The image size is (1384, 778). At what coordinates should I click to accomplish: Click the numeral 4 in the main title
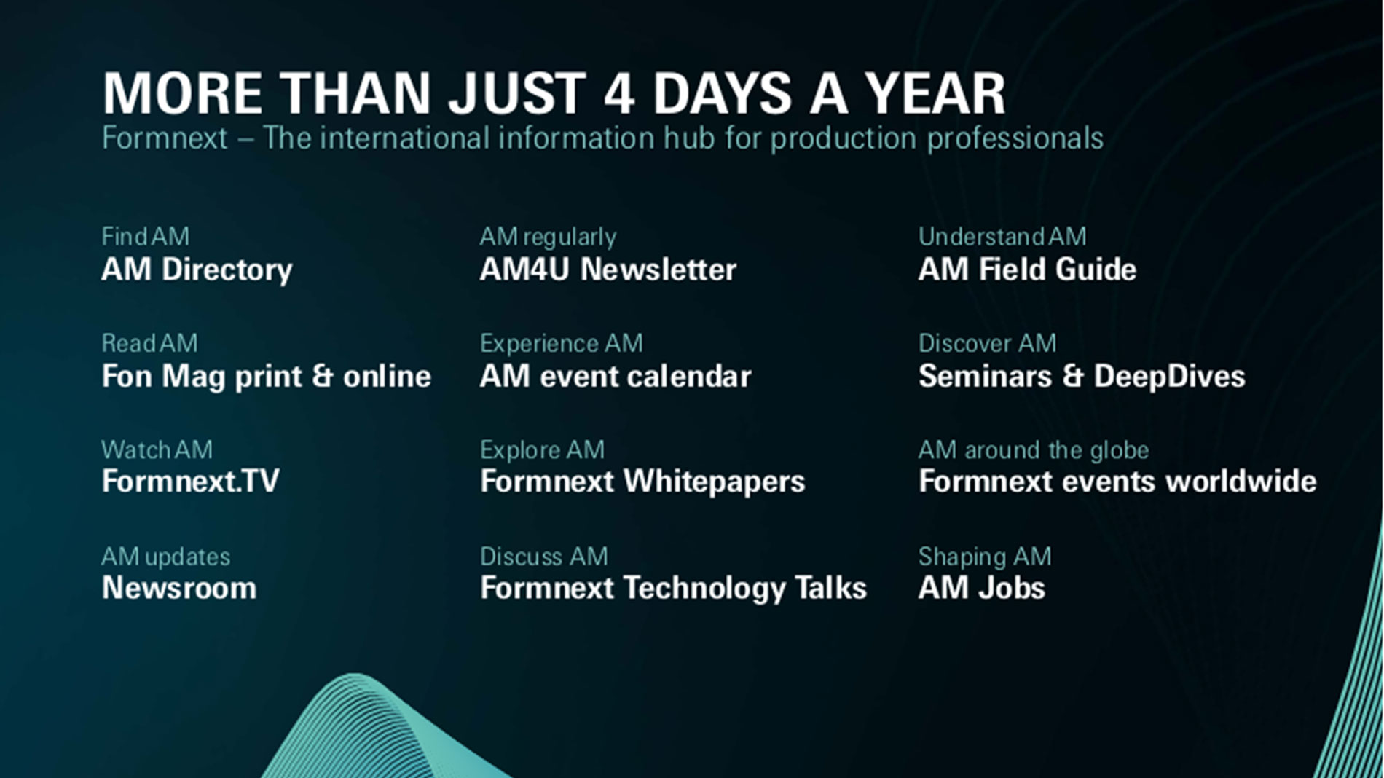point(619,94)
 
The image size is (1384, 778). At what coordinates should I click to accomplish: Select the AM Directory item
point(197,270)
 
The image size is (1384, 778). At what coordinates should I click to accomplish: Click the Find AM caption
point(145,237)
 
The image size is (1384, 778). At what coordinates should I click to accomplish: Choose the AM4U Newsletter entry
point(608,270)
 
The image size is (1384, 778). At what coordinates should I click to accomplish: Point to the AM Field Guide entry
point(1027,270)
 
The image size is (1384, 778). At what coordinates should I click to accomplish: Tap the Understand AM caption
point(1002,237)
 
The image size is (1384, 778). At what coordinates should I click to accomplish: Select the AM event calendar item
point(616,377)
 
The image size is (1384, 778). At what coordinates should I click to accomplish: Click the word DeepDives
point(1169,377)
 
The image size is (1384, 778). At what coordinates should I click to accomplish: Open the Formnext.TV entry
point(191,482)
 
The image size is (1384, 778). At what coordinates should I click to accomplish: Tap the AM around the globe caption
point(1034,450)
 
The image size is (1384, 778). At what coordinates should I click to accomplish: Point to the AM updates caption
point(166,557)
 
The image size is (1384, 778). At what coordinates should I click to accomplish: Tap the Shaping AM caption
point(985,557)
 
